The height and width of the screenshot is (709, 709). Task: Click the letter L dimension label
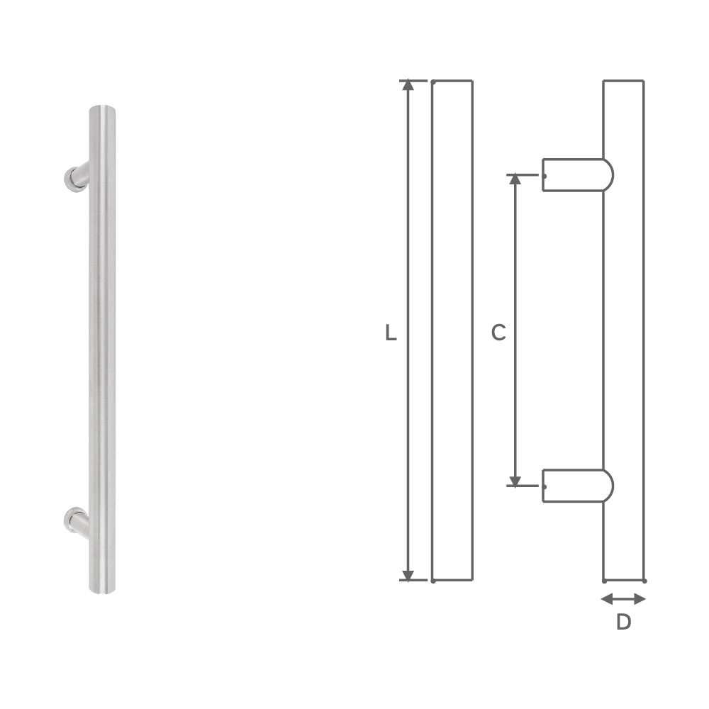[391, 333]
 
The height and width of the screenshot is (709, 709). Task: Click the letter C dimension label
[498, 333]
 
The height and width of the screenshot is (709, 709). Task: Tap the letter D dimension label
[623, 623]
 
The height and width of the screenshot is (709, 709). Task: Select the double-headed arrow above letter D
[623, 599]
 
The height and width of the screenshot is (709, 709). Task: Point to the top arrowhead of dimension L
[408, 86]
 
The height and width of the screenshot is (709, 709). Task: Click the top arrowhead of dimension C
[515, 179]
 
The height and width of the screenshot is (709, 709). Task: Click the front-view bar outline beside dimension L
[452, 330]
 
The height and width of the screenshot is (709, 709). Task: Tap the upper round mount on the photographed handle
[73, 178]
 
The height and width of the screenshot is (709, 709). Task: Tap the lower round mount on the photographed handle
[73, 520]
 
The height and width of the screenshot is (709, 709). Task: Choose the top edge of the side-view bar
[623, 81]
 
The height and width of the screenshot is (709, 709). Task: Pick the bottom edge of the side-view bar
[623, 580]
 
